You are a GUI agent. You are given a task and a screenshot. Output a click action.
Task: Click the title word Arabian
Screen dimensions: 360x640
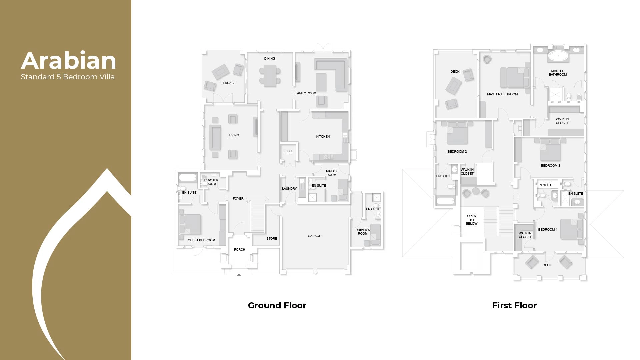point(69,61)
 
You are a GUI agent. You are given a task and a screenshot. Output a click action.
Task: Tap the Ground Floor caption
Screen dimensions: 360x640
point(277,305)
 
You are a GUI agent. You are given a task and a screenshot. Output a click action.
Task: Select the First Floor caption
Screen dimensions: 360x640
point(514,305)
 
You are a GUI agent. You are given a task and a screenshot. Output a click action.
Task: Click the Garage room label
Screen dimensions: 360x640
point(314,236)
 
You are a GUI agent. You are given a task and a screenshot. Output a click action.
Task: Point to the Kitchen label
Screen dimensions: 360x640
point(323,137)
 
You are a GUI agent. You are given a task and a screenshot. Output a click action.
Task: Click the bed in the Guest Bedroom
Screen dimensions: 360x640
point(191,224)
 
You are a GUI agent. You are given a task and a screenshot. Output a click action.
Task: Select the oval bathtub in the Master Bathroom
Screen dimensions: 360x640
point(558,56)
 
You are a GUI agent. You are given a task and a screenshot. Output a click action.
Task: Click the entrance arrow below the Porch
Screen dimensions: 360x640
point(239,275)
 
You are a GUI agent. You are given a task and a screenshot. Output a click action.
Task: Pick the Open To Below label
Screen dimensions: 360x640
point(471,220)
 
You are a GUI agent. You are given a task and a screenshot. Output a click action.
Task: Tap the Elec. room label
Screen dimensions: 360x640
point(288,151)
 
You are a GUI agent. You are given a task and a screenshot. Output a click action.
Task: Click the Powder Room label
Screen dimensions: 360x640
point(211,182)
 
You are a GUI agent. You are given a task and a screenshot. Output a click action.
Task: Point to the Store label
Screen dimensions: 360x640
point(272,239)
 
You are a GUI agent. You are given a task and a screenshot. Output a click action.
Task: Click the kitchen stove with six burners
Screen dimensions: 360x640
point(328,157)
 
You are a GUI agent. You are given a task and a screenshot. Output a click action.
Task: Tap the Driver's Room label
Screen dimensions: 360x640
point(363,232)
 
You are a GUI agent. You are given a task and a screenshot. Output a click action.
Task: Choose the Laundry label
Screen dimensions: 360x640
point(289,189)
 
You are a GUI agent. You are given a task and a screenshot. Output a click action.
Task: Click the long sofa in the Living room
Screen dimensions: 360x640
point(215,137)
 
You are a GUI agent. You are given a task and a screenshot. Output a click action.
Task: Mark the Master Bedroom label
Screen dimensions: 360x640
point(502,94)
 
